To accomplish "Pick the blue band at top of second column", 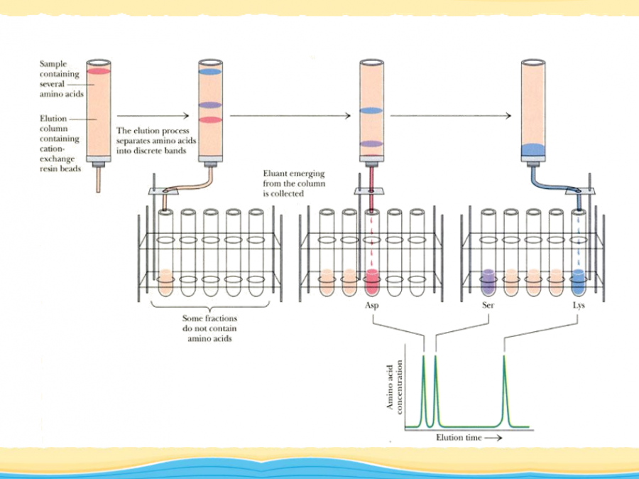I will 210,72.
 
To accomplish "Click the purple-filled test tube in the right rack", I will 488,282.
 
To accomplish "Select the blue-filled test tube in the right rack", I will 578,282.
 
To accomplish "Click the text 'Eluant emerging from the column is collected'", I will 295,183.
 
